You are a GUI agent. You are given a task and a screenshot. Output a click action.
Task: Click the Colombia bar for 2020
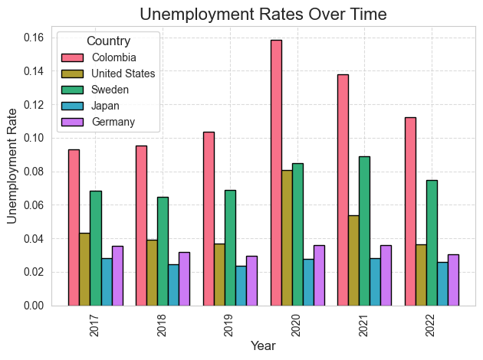276,172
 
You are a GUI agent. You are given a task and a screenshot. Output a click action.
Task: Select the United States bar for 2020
287,237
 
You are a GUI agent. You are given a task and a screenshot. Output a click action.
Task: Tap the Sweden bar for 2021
364,231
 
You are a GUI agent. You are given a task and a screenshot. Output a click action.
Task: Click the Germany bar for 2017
117,276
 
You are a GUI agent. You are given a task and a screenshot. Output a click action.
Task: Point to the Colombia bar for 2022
410,211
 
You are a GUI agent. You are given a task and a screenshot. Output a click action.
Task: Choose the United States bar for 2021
353,260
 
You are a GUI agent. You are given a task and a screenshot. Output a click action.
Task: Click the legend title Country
108,41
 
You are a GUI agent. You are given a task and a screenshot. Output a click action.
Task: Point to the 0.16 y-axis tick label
34,38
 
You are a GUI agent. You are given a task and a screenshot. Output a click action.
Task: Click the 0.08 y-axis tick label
34,172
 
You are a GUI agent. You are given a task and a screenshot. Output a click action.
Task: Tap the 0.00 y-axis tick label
34,306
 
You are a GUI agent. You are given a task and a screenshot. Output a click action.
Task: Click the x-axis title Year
263,346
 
